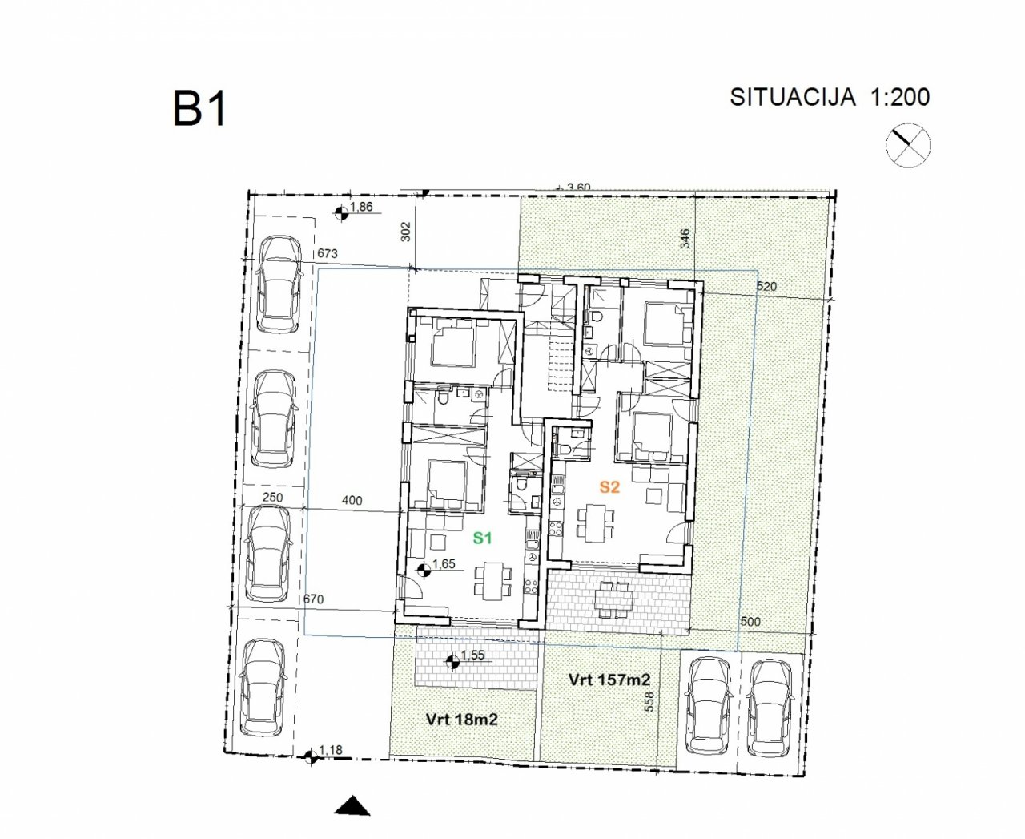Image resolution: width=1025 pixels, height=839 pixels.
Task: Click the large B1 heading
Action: click(x=199, y=109)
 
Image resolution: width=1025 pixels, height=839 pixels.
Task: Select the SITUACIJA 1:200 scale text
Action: click(x=830, y=97)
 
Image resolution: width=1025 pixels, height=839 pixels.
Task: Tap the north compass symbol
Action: click(x=908, y=145)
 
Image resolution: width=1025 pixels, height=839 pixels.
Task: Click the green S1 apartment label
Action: click(x=483, y=538)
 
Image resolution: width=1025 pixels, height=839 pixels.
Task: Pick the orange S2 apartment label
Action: click(x=609, y=487)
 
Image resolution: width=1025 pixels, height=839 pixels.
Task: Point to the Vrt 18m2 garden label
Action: click(x=462, y=720)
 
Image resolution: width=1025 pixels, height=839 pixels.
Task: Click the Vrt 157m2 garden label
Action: click(x=609, y=680)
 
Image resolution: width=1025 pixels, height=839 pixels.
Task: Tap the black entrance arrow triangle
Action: click(x=352, y=806)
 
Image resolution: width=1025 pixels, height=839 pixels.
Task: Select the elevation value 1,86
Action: click(x=361, y=207)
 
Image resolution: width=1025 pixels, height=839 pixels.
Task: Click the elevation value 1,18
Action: click(x=331, y=751)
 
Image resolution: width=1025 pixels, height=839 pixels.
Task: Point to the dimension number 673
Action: click(x=327, y=253)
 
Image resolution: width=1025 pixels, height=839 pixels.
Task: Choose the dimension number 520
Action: click(x=766, y=286)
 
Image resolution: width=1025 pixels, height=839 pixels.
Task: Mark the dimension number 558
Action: click(x=649, y=702)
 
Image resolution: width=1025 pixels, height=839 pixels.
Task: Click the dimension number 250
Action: click(x=272, y=498)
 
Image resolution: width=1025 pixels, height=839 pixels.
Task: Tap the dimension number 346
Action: click(x=685, y=239)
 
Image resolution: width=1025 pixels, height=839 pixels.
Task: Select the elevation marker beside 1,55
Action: click(x=452, y=662)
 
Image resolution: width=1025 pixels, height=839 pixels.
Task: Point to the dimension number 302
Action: click(x=406, y=232)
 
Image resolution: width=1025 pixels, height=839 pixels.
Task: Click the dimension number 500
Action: click(x=750, y=622)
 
